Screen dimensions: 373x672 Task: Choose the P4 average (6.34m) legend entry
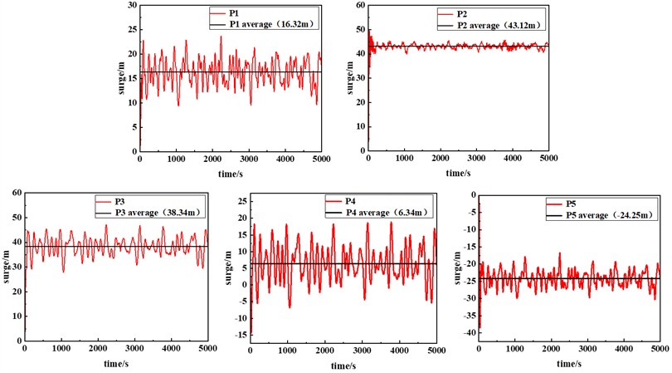coord(381,213)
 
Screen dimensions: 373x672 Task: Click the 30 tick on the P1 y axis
coord(131,5)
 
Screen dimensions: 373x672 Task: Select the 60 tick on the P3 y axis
coord(17,194)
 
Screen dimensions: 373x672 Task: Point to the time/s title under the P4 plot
coord(343,364)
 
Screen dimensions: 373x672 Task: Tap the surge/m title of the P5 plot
coord(453,267)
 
